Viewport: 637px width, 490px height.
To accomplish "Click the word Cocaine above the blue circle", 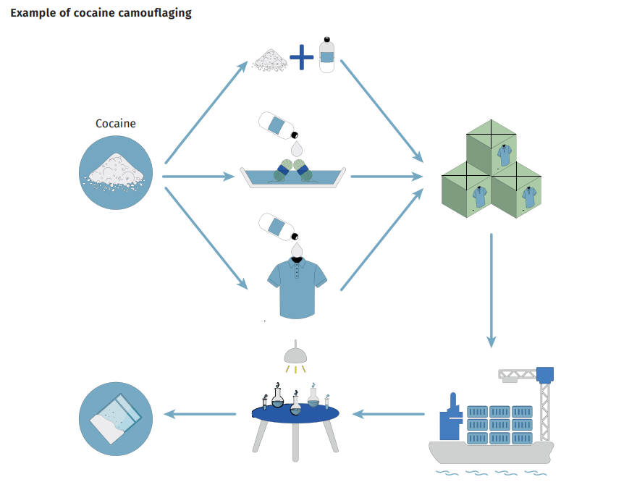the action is pyautogui.click(x=115, y=124).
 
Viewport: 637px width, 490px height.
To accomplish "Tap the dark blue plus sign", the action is pyautogui.click(x=301, y=57).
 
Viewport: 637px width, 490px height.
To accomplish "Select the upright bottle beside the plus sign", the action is pyautogui.click(x=326, y=55).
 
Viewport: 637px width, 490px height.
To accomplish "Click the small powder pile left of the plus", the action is pyautogui.click(x=269, y=61).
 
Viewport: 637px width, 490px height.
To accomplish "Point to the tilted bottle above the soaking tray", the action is pyautogui.click(x=279, y=125).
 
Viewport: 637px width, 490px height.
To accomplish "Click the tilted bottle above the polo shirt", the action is pyautogui.click(x=279, y=227).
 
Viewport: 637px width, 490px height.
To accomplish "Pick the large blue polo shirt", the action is pyautogui.click(x=297, y=287).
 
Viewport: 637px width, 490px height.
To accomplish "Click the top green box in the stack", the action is pyautogui.click(x=492, y=148).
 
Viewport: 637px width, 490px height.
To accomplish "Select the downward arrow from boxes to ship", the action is pyautogui.click(x=492, y=290).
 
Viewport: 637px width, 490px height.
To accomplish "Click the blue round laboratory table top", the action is pyautogui.click(x=295, y=413).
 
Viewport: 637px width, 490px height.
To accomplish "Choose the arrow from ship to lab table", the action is pyautogui.click(x=389, y=414).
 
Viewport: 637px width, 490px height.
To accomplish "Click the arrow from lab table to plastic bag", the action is pyautogui.click(x=200, y=414).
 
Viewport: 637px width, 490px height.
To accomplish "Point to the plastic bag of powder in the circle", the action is pyautogui.click(x=115, y=418).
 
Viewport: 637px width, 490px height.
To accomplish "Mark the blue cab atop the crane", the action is pyautogui.click(x=545, y=375).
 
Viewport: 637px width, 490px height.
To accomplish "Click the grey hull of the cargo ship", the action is pyautogui.click(x=491, y=452).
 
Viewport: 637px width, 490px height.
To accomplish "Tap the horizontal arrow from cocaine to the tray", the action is pyautogui.click(x=198, y=177).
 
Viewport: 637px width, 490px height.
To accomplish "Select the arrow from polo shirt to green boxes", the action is pyautogui.click(x=382, y=239).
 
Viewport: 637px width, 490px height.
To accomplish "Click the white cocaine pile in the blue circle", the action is pyautogui.click(x=114, y=172).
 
